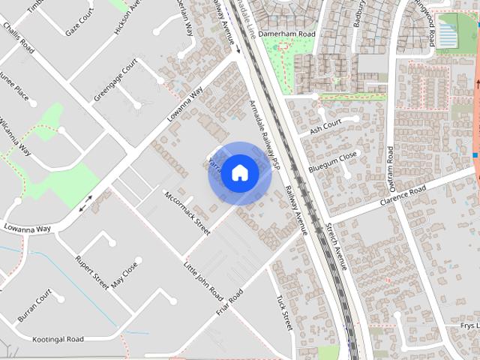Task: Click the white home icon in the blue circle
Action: (x=239, y=172)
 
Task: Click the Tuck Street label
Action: (x=283, y=312)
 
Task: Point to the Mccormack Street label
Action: (x=187, y=212)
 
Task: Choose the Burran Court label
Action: (x=35, y=304)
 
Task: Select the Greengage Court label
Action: (x=115, y=82)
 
